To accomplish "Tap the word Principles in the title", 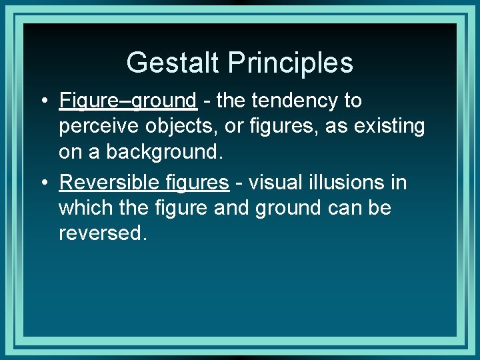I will point(291,63).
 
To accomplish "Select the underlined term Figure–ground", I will point(128,101).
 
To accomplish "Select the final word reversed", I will point(102,233).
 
